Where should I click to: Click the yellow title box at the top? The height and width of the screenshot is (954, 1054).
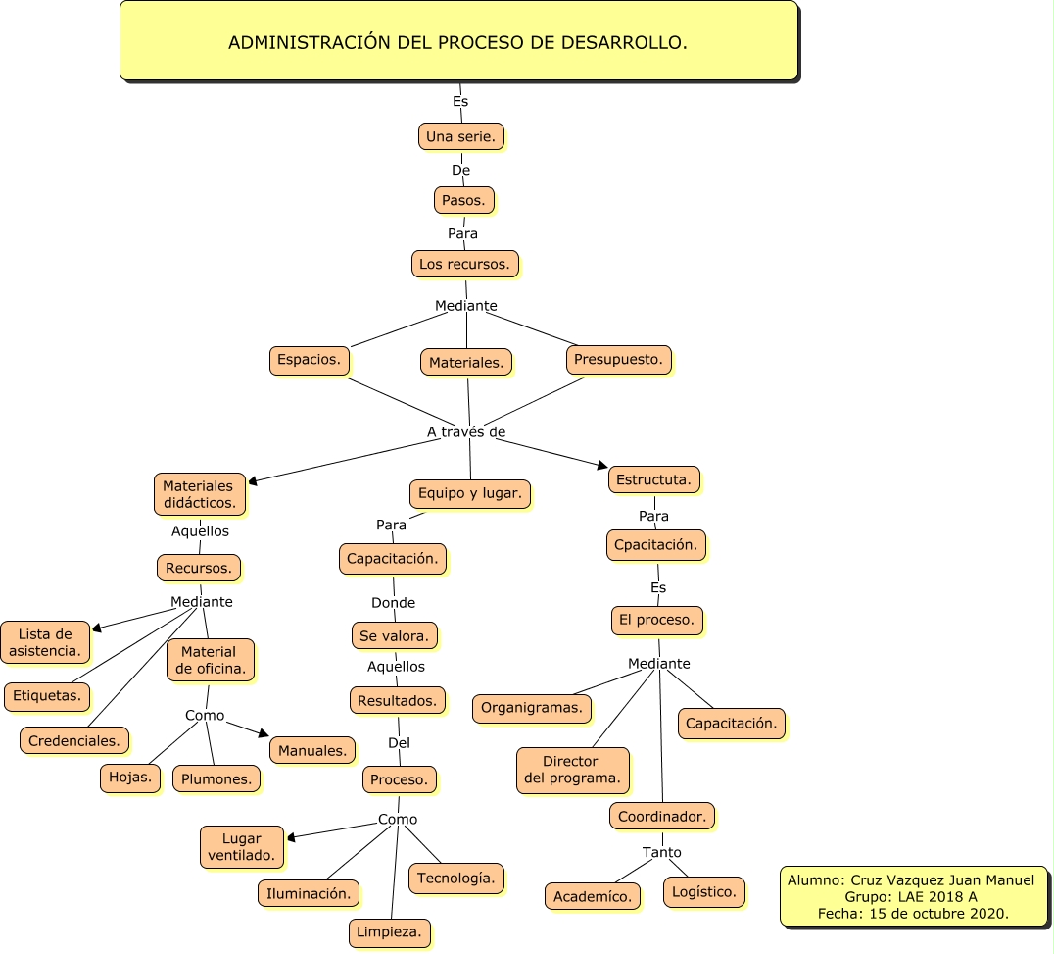click(x=458, y=41)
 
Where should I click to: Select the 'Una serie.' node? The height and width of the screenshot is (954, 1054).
click(x=460, y=136)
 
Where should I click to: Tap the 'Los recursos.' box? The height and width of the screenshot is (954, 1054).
click(x=464, y=264)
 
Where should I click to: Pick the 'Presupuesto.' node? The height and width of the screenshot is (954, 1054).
click(x=618, y=360)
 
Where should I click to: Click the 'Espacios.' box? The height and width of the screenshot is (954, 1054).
click(x=309, y=360)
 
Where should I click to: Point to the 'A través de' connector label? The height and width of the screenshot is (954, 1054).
click(x=466, y=431)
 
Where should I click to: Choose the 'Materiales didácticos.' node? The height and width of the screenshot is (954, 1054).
click(x=199, y=494)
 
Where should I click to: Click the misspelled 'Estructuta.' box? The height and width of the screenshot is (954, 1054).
click(x=653, y=479)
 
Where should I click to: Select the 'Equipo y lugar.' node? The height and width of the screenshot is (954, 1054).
click(x=469, y=493)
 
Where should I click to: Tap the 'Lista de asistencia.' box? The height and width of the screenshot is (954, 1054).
click(x=45, y=642)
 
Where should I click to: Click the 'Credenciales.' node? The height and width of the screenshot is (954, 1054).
click(x=74, y=740)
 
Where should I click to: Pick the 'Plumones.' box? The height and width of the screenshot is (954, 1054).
click(x=216, y=778)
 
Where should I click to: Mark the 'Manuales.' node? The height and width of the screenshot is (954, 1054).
click(x=311, y=751)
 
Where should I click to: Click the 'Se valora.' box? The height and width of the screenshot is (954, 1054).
click(x=394, y=635)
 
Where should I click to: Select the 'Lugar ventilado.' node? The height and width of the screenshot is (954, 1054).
click(x=241, y=847)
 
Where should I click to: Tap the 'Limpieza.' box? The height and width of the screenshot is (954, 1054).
click(x=389, y=932)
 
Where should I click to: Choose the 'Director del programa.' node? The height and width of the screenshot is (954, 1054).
click(x=572, y=770)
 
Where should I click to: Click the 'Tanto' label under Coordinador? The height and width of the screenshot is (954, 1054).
click(x=661, y=852)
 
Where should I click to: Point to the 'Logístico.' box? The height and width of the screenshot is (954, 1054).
click(x=703, y=891)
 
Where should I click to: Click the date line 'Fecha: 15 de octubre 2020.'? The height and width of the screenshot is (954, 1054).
click(x=912, y=913)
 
